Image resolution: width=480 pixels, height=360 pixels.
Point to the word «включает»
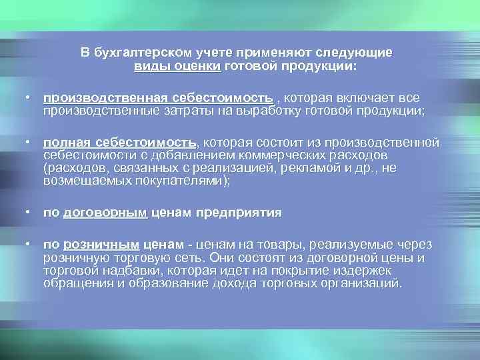[x=357, y=98]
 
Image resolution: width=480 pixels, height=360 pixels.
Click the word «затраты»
[x=179, y=110]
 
